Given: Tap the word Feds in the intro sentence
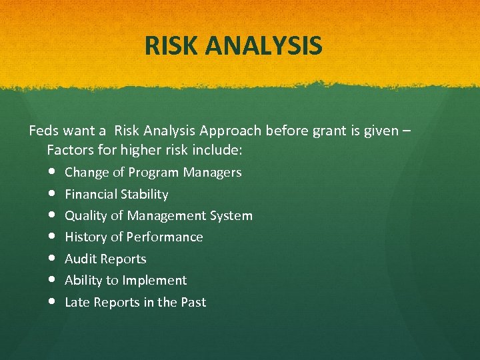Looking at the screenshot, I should pyautogui.click(x=43, y=130).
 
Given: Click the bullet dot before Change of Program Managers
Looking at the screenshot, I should pyautogui.click(x=52, y=172).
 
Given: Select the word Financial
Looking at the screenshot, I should pyautogui.click(x=90, y=194).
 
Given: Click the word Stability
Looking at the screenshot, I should pyautogui.click(x=143, y=194).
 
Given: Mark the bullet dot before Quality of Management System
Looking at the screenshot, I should pyautogui.click(x=52, y=215).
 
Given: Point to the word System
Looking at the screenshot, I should pyautogui.click(x=231, y=215).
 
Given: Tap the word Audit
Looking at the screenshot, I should pyautogui.click(x=79, y=259).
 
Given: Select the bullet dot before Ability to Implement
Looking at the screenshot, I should pyautogui.click(x=52, y=280).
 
